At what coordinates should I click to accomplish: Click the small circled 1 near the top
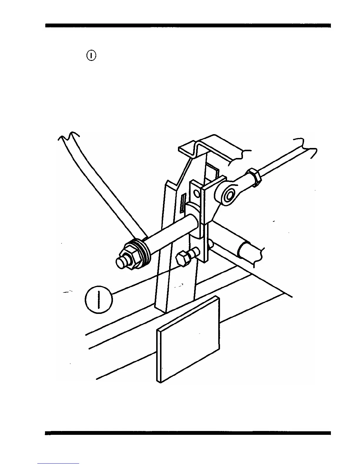point(91,55)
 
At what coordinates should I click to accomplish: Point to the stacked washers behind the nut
point(144,250)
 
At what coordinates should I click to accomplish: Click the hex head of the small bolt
point(181,259)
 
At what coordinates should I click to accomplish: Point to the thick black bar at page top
point(188,26)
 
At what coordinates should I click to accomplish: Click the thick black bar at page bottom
point(188,433)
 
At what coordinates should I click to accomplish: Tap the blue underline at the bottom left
point(58,463)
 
